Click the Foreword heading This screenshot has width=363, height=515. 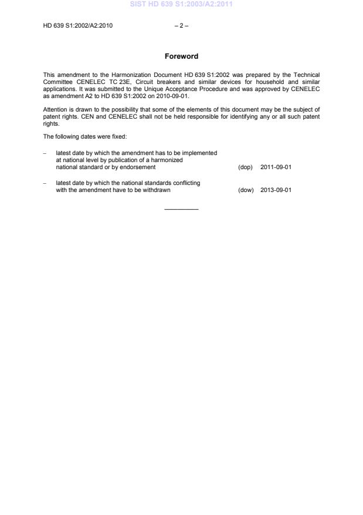tap(181, 56)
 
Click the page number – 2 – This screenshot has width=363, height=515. tap(181, 26)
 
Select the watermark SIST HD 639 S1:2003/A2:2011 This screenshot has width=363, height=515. tap(181, 4)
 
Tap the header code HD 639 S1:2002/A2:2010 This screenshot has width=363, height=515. tap(78, 26)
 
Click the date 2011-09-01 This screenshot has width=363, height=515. tap(276, 167)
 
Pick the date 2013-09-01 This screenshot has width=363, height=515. tap(276, 190)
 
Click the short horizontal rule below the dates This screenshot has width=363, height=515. tap(181, 209)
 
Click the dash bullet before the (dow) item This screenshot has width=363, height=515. tap(45, 183)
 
